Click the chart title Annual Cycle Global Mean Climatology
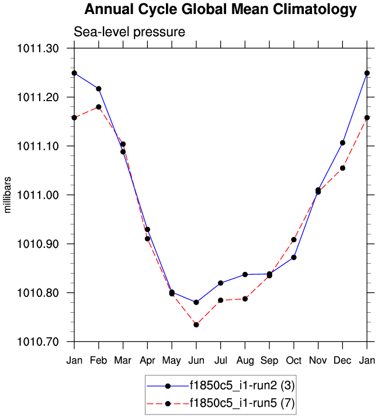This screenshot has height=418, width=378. tap(220, 9)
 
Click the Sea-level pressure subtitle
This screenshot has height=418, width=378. tap(129, 32)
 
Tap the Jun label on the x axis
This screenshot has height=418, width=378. tap(196, 358)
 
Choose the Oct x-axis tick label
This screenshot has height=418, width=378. tap(294, 358)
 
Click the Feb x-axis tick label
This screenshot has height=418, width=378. tap(99, 358)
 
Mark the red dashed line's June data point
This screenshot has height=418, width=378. tap(196, 324)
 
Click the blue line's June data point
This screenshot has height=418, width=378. tap(196, 302)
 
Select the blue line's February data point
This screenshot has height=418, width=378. tap(99, 89)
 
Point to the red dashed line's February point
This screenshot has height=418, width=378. tap(99, 107)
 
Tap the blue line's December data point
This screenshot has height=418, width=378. tap(342, 143)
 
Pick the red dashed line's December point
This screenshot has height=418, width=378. tap(342, 168)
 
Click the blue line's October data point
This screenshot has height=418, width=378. tap(294, 257)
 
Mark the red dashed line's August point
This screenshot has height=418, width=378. tap(245, 299)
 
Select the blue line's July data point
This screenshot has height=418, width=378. tap(221, 283)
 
